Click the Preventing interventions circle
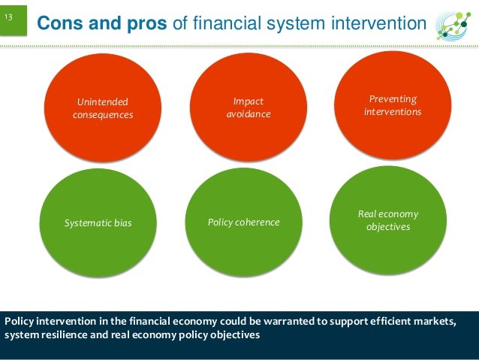point(392,105)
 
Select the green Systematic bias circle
point(98,222)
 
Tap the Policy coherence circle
point(243,222)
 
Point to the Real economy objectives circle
point(388,220)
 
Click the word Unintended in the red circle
point(103,101)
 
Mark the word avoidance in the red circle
point(249,114)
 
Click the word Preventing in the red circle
point(393,99)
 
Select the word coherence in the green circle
point(256,222)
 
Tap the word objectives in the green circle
point(388,227)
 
